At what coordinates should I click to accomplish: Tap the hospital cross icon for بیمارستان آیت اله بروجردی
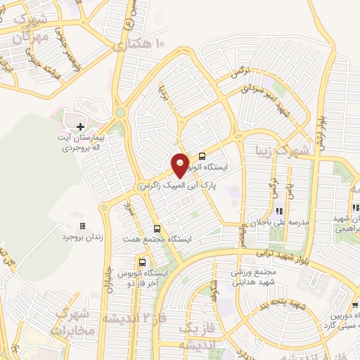[x=81, y=127]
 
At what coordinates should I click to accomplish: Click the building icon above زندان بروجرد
[x=83, y=226]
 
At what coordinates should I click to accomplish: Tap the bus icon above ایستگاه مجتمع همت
[x=156, y=228]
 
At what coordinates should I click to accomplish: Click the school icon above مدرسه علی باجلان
[x=279, y=210]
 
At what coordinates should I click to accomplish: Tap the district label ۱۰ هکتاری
[x=140, y=44]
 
